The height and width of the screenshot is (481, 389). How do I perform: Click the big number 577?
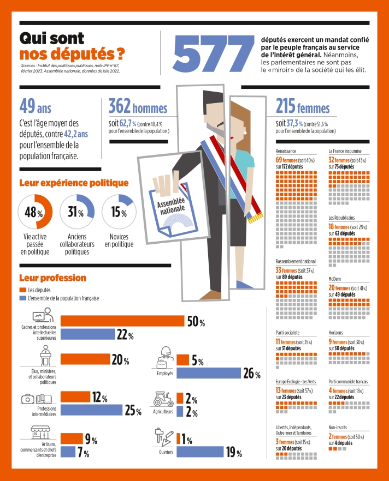click(x=214, y=53)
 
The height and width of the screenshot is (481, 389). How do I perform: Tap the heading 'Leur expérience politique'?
click(x=74, y=183)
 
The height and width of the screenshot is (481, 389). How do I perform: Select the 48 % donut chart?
click(x=36, y=212)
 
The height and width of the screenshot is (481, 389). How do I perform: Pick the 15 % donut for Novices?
click(x=119, y=212)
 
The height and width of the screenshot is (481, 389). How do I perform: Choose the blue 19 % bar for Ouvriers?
click(x=199, y=452)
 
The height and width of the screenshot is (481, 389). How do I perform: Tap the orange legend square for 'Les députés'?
click(x=22, y=290)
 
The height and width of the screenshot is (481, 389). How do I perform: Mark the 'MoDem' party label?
click(x=335, y=279)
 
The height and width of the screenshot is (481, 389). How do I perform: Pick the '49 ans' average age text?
click(x=35, y=105)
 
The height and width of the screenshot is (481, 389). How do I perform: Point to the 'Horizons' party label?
click(x=336, y=332)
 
